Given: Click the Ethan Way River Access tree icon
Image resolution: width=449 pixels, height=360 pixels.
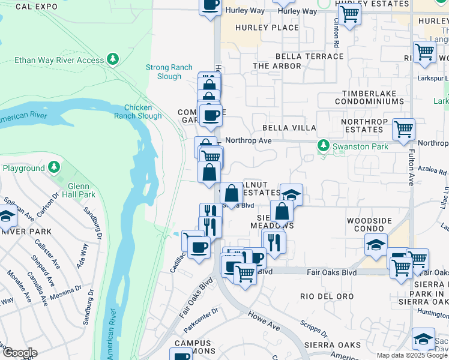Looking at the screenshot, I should point(112,59).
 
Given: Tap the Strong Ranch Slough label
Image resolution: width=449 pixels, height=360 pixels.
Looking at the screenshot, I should point(164,72).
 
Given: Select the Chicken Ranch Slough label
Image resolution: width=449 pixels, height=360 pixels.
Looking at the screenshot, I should point(142,112).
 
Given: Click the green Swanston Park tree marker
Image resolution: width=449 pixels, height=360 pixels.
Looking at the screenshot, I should point(324,146).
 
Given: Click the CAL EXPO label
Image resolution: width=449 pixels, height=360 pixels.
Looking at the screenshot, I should point(36,7).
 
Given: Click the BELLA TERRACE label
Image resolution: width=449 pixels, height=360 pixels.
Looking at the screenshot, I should point(298,56).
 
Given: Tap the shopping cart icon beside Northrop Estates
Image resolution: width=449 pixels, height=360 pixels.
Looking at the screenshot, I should point(403,128).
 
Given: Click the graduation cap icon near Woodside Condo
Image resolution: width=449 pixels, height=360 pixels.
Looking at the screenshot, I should point(376,244).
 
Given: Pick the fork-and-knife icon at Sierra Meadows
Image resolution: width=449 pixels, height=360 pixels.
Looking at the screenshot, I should point(274,241).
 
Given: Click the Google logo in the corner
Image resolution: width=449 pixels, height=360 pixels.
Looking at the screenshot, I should point(19,352).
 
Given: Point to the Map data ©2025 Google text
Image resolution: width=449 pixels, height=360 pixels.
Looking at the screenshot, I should point(412,355).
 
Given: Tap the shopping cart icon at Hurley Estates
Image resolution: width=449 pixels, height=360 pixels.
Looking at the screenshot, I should point(349,13).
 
